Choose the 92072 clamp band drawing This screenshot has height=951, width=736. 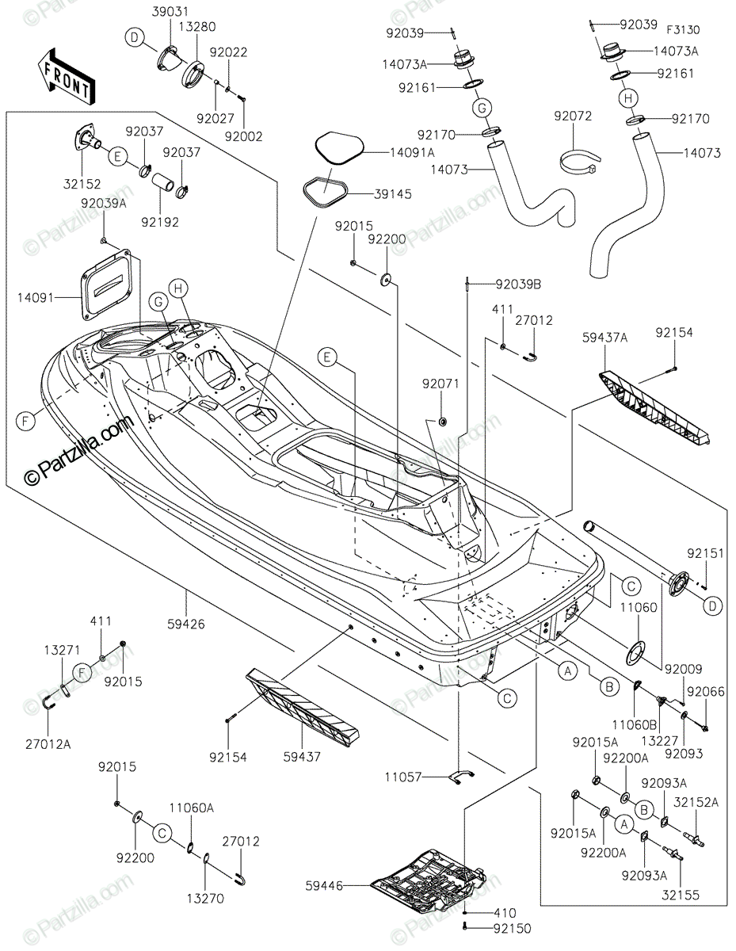click(x=577, y=162)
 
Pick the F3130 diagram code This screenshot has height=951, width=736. click(x=682, y=30)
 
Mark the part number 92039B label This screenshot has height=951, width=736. click(x=518, y=284)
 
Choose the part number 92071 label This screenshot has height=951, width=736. click(x=440, y=384)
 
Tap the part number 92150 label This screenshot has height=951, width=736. click(x=513, y=928)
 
